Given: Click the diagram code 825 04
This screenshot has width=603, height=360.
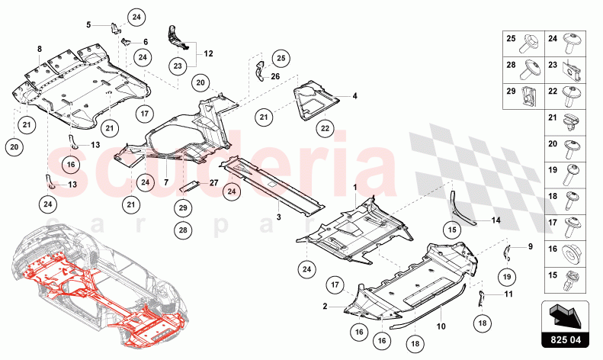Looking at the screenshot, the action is pos(565,340).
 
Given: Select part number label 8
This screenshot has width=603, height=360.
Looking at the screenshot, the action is pos(39,49).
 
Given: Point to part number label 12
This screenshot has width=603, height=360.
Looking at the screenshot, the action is pos(208,53).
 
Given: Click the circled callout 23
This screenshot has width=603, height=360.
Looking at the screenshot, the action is pos(178,66).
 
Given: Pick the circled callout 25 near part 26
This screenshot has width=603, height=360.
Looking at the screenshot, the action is pos(281,58).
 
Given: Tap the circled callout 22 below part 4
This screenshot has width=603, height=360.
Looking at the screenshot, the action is pos(325,128).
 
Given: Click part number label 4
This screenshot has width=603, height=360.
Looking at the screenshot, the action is pos(354,96).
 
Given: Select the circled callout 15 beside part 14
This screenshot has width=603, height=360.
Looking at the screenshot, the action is pos(452,230).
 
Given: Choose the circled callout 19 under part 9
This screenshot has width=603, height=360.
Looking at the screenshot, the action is pos(507,277).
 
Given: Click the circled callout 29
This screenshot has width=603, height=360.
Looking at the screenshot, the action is pos(183,207).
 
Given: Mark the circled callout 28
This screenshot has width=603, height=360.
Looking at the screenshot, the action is pos(183,230).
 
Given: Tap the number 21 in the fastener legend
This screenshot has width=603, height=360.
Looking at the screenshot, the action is pos(553,117).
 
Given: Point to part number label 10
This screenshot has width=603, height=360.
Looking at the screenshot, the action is pos(441,326).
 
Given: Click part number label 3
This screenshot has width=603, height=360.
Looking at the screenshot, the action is pos(279,217).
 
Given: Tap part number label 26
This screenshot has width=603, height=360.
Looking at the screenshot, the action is pos(275,76).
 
